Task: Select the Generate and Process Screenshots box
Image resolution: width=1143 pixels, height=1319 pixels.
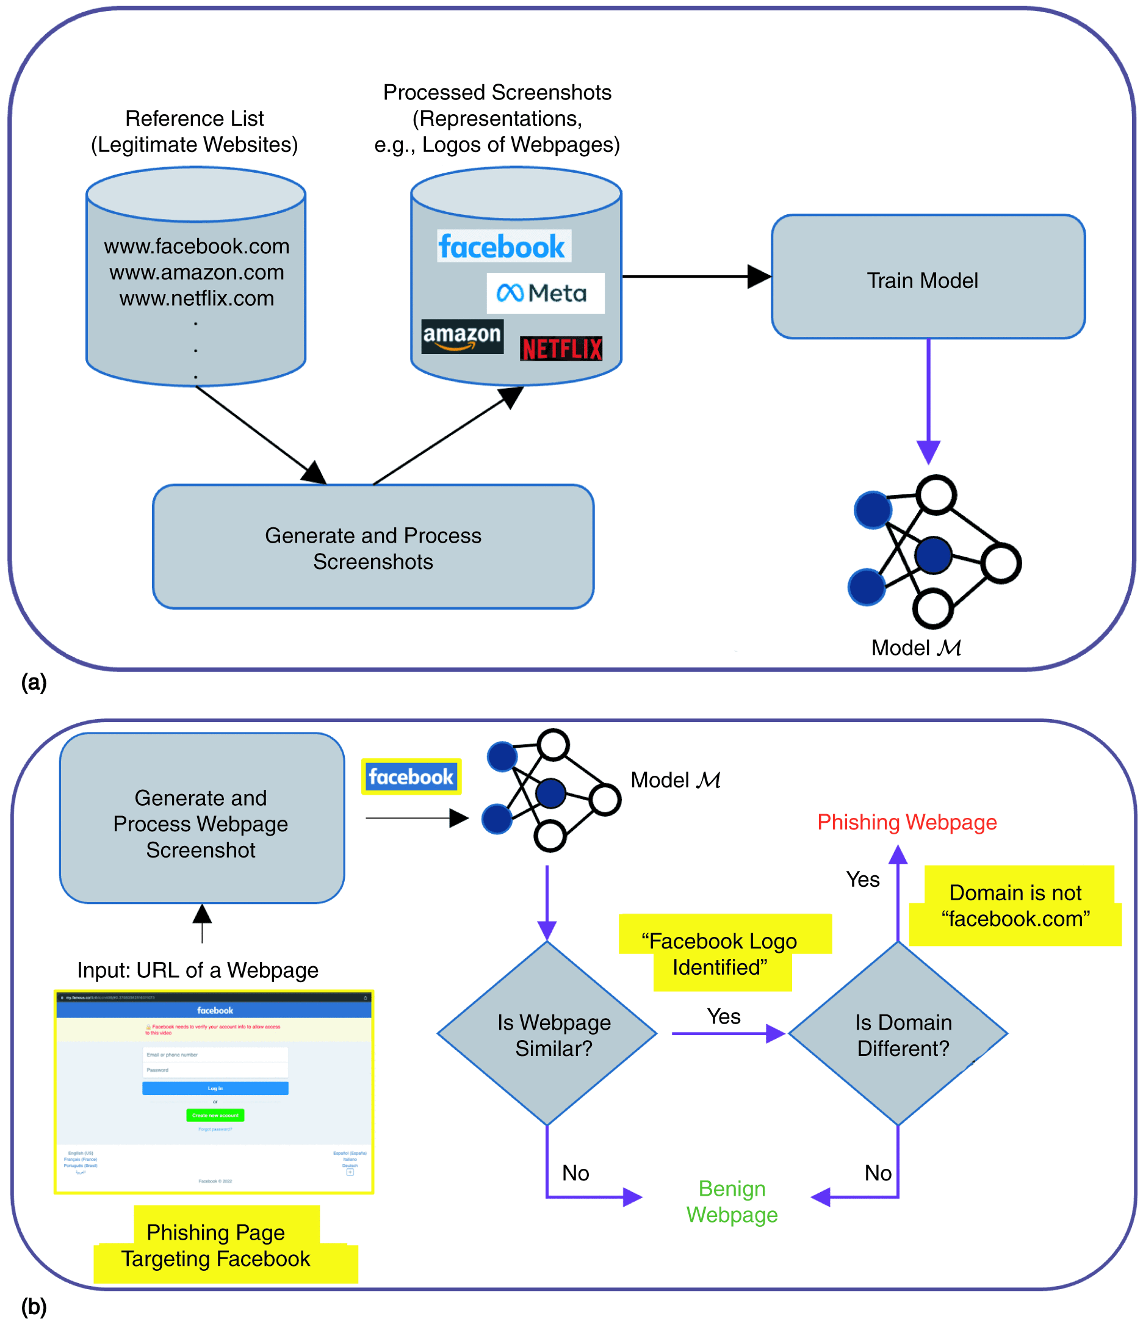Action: click(x=373, y=547)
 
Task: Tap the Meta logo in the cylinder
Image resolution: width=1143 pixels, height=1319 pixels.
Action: click(x=545, y=293)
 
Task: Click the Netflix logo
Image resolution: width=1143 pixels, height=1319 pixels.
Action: click(x=561, y=349)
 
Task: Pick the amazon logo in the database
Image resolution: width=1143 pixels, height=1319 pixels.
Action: click(x=463, y=336)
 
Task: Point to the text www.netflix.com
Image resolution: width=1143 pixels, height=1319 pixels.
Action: click(x=197, y=298)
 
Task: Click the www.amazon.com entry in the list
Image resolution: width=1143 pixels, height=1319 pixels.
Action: click(x=197, y=272)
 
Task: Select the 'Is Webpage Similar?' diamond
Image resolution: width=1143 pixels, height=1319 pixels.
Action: click(x=547, y=1033)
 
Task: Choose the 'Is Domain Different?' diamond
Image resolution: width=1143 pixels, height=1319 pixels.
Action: click(x=898, y=1033)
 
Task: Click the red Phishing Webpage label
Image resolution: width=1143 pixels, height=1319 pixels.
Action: click(x=906, y=822)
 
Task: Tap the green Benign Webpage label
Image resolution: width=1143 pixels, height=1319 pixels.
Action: click(x=732, y=1202)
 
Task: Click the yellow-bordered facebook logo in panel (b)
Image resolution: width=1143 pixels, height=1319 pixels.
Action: click(x=411, y=777)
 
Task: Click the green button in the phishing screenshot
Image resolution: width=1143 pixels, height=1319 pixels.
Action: click(x=215, y=1115)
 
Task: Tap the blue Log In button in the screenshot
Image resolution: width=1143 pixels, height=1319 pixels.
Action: click(x=215, y=1088)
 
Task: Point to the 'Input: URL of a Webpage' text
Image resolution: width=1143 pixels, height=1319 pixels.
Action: click(x=198, y=970)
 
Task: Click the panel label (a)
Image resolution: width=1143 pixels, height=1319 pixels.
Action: click(x=34, y=682)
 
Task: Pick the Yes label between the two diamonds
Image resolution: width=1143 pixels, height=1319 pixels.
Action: click(x=724, y=1017)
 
